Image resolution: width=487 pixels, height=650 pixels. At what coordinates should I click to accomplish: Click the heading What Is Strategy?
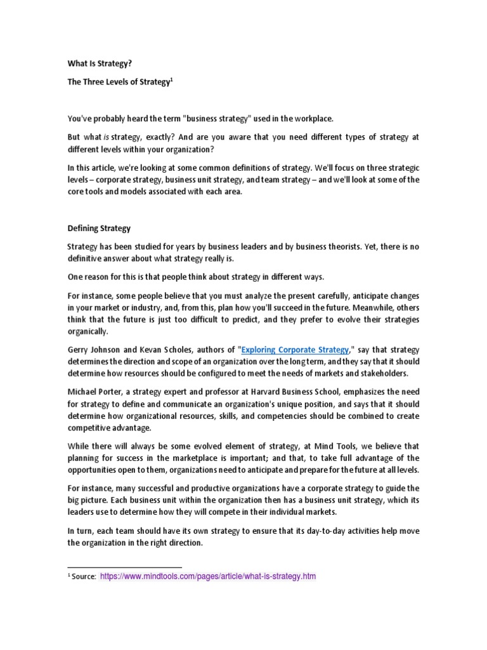pyautogui.click(x=100, y=63)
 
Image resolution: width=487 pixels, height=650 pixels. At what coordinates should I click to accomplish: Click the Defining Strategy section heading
pyautogui.click(x=99, y=227)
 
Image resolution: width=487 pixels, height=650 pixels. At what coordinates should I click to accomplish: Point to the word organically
pyautogui.click(x=89, y=331)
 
